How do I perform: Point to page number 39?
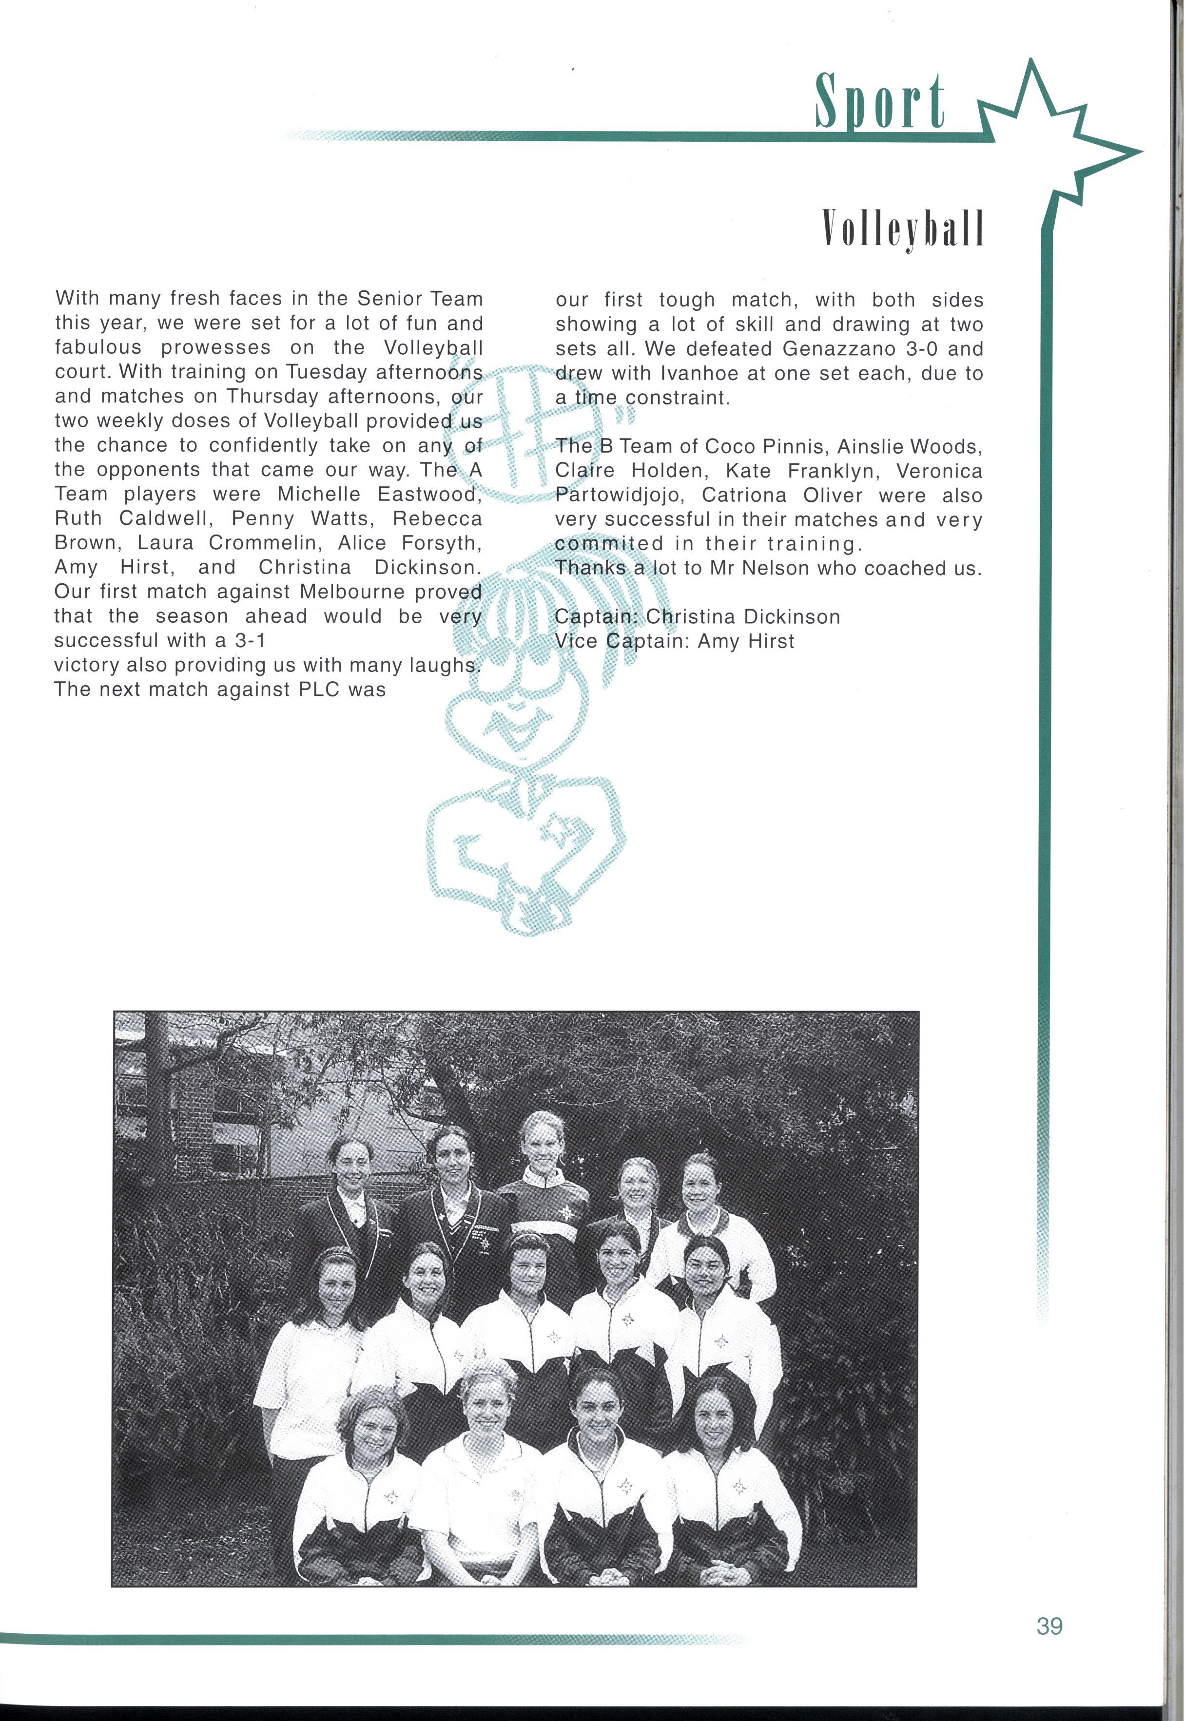click(1049, 1626)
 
